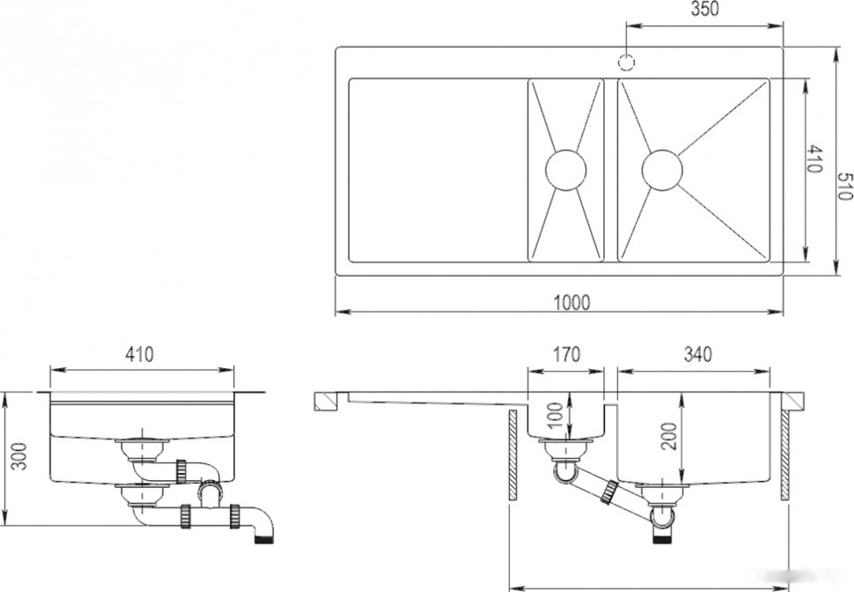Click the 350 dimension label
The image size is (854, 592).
[x=704, y=9]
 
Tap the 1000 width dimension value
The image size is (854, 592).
[x=572, y=302]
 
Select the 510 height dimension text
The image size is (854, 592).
[x=844, y=186]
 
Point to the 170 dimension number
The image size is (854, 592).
[x=566, y=354]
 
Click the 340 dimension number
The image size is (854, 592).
[x=697, y=354]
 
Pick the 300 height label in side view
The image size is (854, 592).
[x=19, y=457]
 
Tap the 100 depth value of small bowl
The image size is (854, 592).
[x=555, y=416]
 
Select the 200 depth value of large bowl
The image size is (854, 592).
[x=671, y=436]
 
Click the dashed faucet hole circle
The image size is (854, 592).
[x=627, y=63]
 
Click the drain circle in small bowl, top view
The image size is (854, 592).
[x=566, y=170]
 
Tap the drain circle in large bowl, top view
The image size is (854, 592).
[x=662, y=170]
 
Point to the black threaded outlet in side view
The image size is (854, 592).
[x=265, y=540]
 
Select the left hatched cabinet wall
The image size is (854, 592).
[x=512, y=455]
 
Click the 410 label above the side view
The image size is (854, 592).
[x=139, y=354]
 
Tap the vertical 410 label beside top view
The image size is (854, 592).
[x=814, y=159]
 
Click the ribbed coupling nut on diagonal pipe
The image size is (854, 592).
[x=608, y=492]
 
